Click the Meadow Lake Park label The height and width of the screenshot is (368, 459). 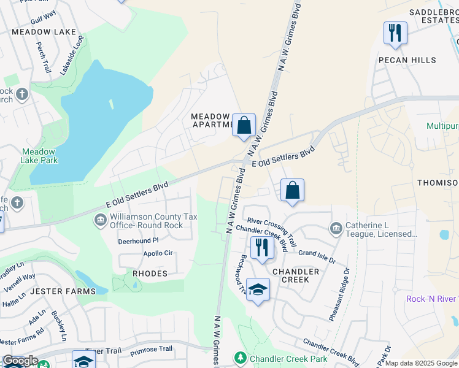point(39,156)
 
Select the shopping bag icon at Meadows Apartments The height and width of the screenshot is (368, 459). point(244,125)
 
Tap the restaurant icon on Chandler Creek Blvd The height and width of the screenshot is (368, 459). point(262,248)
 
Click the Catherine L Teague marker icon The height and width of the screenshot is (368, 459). point(336,229)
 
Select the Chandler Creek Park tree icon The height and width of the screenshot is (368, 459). point(241,357)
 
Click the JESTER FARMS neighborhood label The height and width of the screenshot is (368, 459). point(63,291)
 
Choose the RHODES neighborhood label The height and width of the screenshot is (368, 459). point(150,274)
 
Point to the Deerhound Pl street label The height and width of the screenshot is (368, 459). point(138,241)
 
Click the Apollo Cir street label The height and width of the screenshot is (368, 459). point(158,253)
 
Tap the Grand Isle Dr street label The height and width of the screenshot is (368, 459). point(317,256)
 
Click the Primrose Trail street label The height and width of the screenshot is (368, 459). point(152,349)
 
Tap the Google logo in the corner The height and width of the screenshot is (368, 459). point(20,361)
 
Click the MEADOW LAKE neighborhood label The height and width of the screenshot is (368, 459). point(44,32)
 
